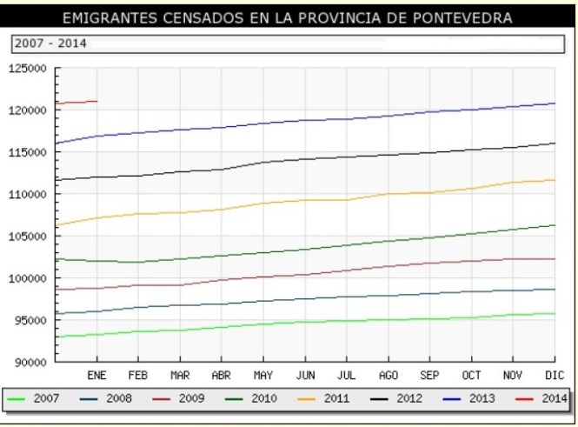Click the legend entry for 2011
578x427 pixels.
pyautogui.click(x=306, y=398)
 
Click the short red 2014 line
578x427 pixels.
pyautogui.click(x=76, y=103)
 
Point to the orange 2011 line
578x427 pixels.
pyautogui.click(x=304, y=200)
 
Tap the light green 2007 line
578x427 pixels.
pyautogui.click(x=304, y=322)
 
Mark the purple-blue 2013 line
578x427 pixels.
pyautogui.click(x=304, y=120)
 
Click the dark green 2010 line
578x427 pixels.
pyautogui.click(x=304, y=250)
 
